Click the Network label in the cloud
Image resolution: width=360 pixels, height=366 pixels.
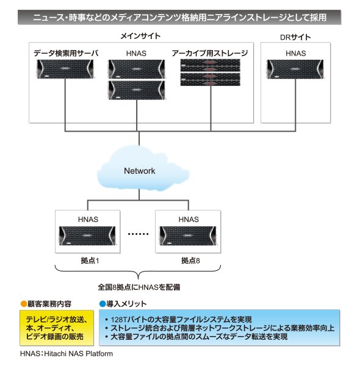tap(139, 171)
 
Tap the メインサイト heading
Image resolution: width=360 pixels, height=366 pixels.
tap(140, 36)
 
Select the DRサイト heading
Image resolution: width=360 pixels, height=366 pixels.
tap(295, 37)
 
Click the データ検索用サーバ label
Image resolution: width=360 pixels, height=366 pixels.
tap(66, 53)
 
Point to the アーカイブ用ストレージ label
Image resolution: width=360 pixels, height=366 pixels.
tap(210, 53)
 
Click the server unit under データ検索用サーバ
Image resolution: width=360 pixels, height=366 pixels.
tap(65, 69)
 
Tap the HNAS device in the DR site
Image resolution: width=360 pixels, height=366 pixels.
tap(295, 70)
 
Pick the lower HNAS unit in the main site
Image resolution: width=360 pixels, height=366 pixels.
tap(137, 90)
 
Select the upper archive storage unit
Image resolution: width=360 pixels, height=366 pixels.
tap(211, 65)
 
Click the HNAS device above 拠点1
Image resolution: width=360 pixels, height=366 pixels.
tap(87, 235)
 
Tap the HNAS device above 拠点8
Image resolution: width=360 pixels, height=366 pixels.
tap(188, 235)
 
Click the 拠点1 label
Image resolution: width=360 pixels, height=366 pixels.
tap(90, 260)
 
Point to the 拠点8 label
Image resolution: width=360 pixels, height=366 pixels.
tap(190, 260)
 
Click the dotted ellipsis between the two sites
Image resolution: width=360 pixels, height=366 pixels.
tap(139, 234)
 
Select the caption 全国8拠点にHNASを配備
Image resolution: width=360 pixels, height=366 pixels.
tap(139, 287)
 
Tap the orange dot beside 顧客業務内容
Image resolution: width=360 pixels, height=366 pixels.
tap(24, 304)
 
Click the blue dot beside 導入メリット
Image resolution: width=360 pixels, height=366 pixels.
tap(103, 304)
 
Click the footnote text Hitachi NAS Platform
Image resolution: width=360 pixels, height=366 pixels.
tap(79, 354)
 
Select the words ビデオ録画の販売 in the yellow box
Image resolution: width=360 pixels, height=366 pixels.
tap(55, 337)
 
